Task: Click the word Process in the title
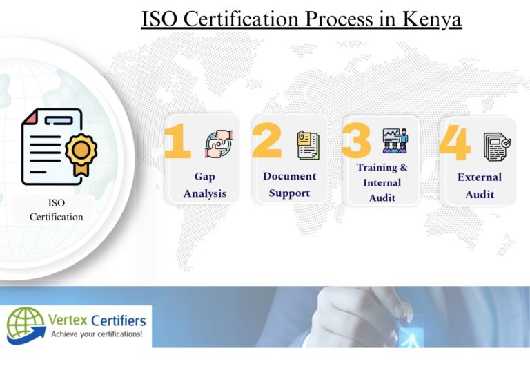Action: [339, 19]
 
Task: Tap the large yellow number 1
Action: [177, 141]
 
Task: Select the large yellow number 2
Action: [266, 140]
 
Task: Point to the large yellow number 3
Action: [356, 140]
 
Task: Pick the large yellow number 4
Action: [455, 142]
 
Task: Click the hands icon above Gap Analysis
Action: [219, 144]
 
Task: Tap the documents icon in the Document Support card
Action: [308, 145]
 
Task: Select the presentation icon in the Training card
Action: [395, 141]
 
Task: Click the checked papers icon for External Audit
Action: [497, 146]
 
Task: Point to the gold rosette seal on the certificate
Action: [81, 154]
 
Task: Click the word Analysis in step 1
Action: [205, 194]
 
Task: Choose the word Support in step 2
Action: [289, 193]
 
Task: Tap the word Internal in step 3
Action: [382, 182]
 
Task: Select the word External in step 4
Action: [480, 177]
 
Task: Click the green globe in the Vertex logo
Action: [26, 323]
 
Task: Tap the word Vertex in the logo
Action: [68, 320]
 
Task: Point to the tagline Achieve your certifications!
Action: [97, 334]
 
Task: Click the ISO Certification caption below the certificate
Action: [56, 210]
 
